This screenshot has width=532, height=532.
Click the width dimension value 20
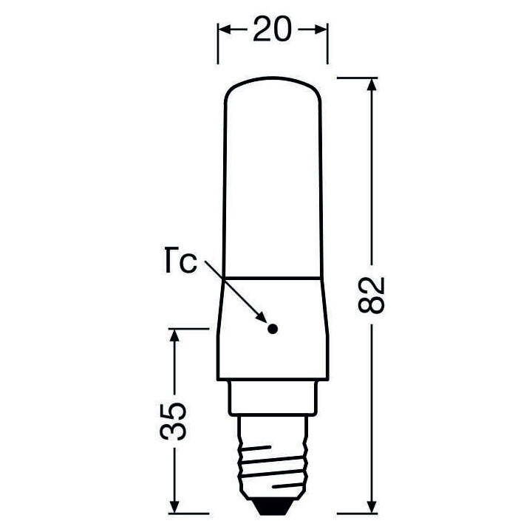[x=272, y=30]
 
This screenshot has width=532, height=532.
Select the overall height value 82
[x=375, y=295]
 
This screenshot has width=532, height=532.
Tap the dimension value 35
[x=175, y=423]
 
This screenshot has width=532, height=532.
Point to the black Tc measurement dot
[x=271, y=329]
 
